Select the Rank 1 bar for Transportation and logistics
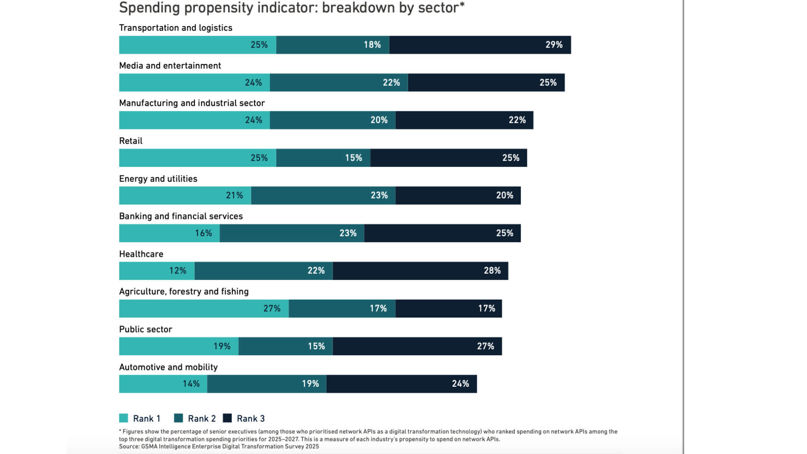point(198,45)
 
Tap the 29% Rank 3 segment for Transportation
point(480,45)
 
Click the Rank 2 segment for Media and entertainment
point(339,83)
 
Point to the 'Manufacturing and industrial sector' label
point(192,103)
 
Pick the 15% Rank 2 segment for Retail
point(323,158)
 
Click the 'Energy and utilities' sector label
point(158,179)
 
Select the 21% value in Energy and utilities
point(234,195)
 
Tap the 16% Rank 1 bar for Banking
point(169,233)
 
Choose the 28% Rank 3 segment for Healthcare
point(420,271)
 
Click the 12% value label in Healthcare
point(177,271)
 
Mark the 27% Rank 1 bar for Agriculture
point(204,309)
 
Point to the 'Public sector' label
point(145,329)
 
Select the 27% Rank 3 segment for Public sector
point(417,346)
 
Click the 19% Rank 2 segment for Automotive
point(266,384)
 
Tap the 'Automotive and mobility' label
point(168,367)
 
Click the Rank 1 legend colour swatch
point(124,418)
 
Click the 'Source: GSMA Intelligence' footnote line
point(219,446)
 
